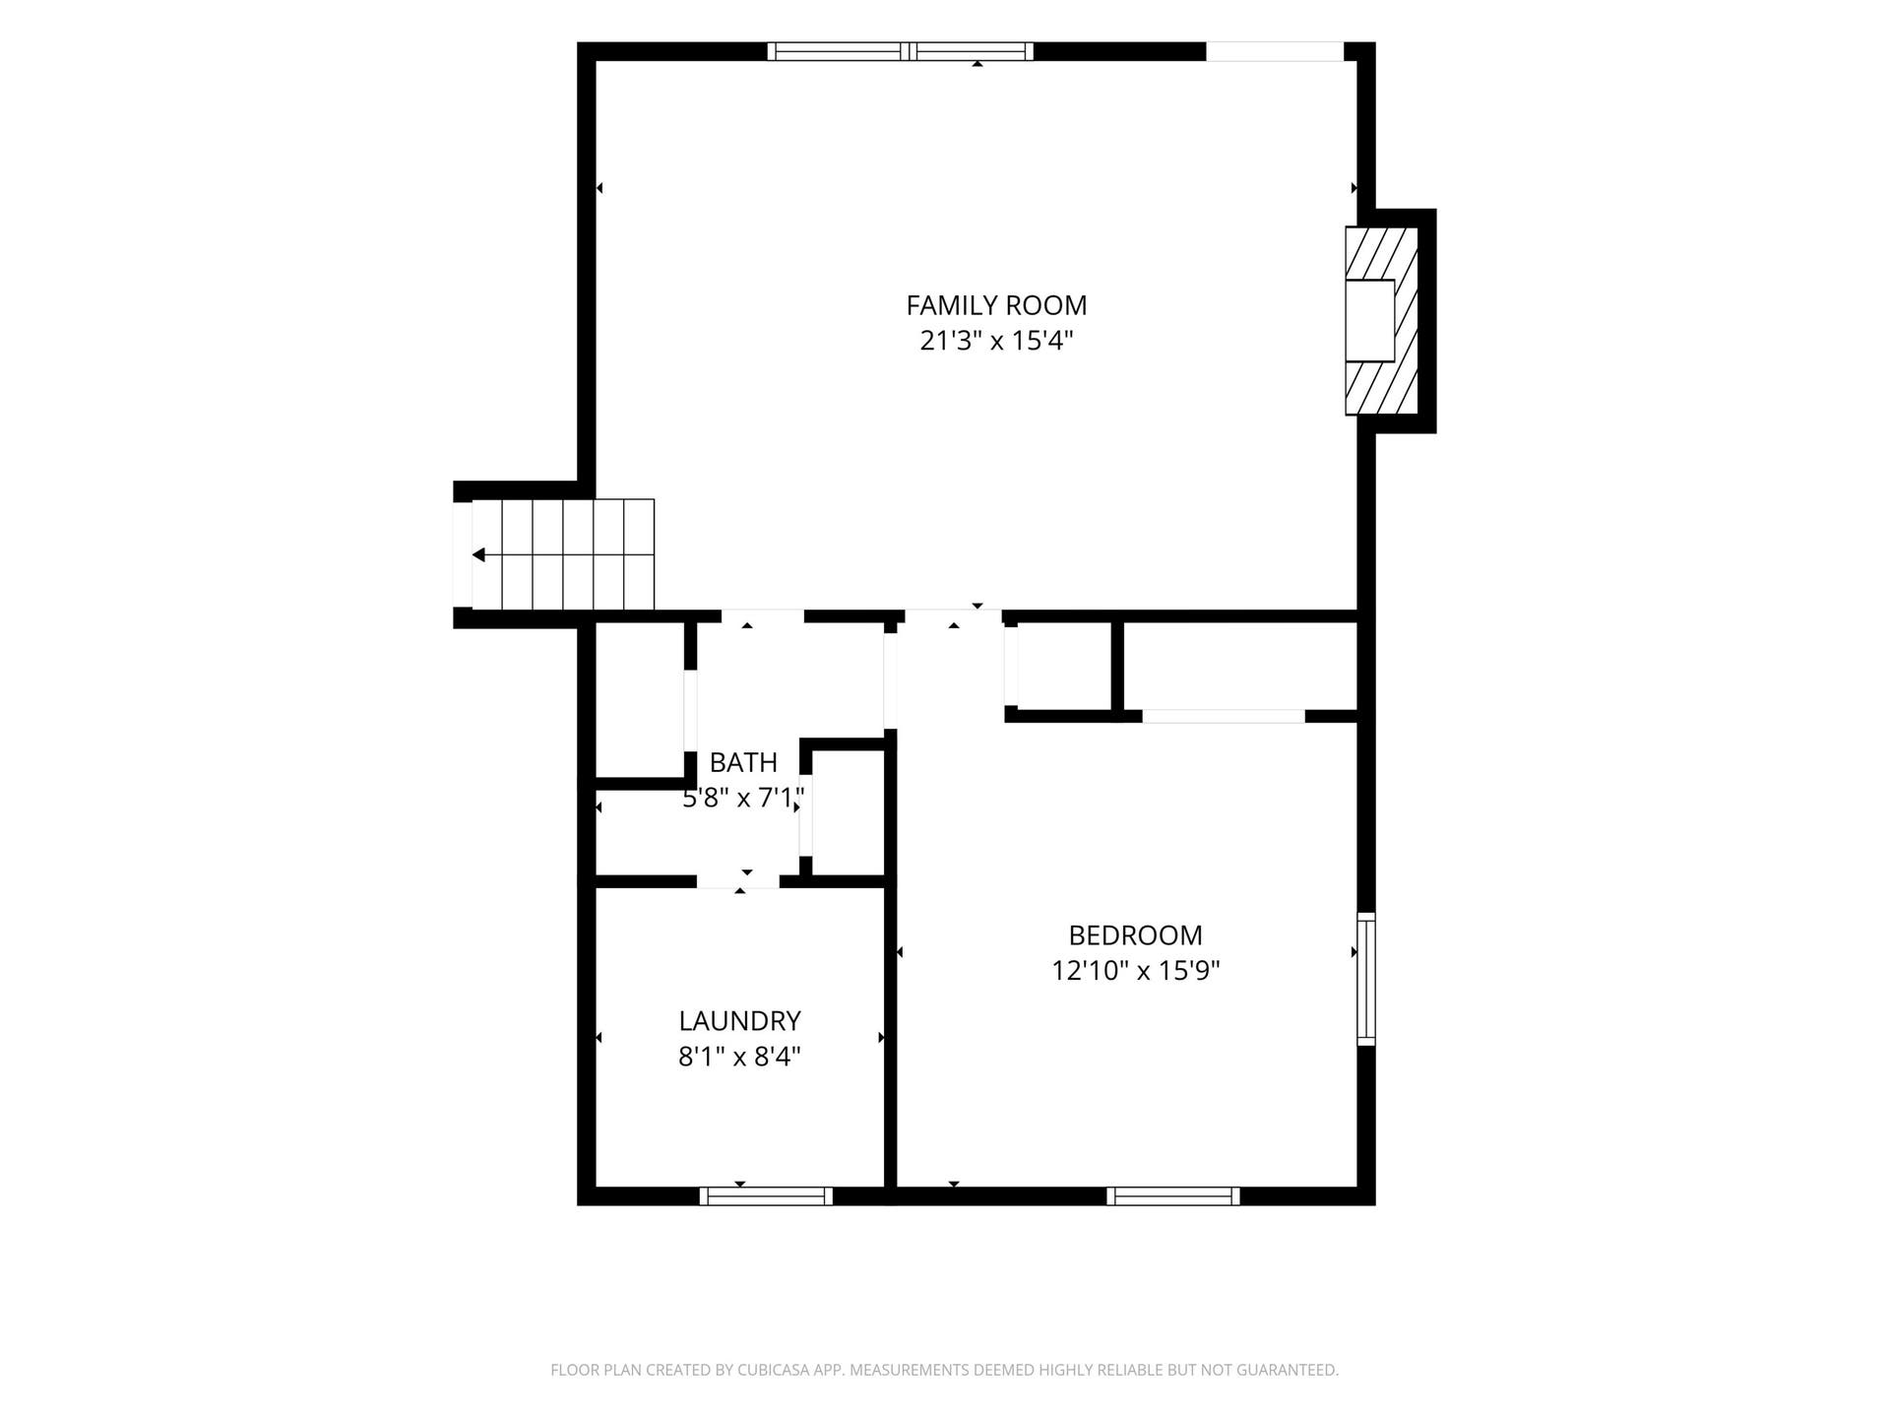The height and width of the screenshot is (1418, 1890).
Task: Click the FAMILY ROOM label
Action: coord(996,305)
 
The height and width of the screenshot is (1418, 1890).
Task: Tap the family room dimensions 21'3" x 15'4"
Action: coord(996,341)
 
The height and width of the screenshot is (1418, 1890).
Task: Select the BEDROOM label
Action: coord(1135,935)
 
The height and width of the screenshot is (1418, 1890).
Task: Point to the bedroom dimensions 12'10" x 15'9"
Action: coord(1135,971)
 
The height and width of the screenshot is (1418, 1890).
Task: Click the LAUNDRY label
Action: coord(739,1020)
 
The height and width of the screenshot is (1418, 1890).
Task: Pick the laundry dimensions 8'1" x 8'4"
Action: coord(739,1057)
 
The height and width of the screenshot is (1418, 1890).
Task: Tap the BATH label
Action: coord(743,762)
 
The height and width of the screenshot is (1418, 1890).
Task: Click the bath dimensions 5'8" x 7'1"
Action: coord(743,798)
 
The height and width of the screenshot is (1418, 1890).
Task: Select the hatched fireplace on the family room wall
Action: coord(1381,321)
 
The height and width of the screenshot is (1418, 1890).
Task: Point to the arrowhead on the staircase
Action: coord(478,555)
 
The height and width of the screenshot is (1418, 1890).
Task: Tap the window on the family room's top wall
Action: coord(900,51)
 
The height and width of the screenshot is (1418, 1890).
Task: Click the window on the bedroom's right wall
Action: coord(1365,979)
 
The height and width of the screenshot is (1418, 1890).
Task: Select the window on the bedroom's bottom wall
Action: coord(1173,1195)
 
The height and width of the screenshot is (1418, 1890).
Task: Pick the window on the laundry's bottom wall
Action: coord(766,1195)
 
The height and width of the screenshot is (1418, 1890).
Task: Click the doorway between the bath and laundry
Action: coord(738,881)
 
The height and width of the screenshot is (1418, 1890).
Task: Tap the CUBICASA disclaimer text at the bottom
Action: coord(944,1370)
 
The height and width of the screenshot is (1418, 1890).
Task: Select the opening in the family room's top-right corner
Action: coord(1275,51)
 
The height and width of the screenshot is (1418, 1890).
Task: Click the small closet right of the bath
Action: coord(849,812)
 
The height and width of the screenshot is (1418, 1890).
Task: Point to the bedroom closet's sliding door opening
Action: coord(1224,716)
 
